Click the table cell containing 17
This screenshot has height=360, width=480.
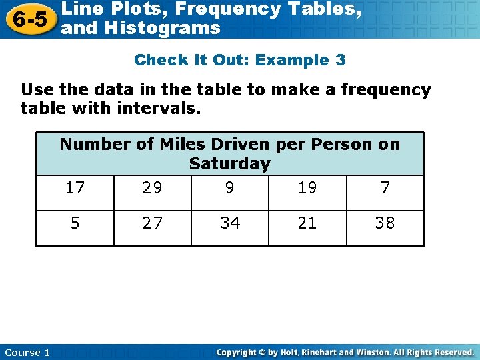(x=75, y=188)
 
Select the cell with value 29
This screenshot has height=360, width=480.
(x=153, y=188)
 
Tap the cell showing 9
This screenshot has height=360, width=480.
(x=230, y=188)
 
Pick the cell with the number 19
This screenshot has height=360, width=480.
(x=307, y=188)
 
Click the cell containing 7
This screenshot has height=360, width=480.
(x=385, y=188)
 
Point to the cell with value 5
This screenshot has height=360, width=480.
(x=75, y=223)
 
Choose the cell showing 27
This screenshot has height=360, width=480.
(x=153, y=223)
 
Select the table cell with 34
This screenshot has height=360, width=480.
(x=230, y=223)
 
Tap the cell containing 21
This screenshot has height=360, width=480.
(x=307, y=223)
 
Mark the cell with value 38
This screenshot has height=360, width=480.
(x=385, y=223)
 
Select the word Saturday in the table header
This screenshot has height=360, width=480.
(x=230, y=163)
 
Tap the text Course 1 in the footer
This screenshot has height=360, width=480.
(x=27, y=353)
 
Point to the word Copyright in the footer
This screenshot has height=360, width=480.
(x=237, y=352)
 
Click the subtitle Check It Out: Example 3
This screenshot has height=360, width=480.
(x=240, y=60)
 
